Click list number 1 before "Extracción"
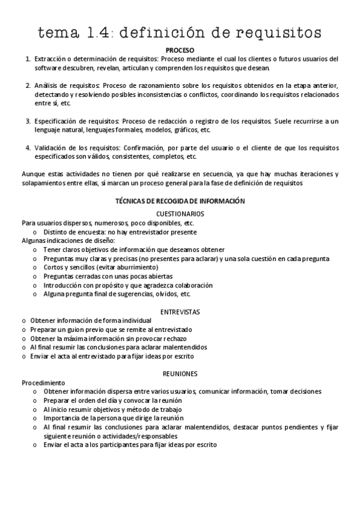(x=28, y=59)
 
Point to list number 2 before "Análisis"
(x=28, y=85)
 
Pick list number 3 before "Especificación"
(x=28, y=121)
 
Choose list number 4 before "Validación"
(x=28, y=148)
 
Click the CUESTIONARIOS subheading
(x=180, y=214)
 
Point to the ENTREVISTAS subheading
(x=180, y=312)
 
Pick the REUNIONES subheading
(x=180, y=373)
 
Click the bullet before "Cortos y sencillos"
(x=35, y=267)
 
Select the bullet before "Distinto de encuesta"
(x=35, y=232)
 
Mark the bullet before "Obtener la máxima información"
(x=23, y=338)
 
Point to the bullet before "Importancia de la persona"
(x=35, y=418)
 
